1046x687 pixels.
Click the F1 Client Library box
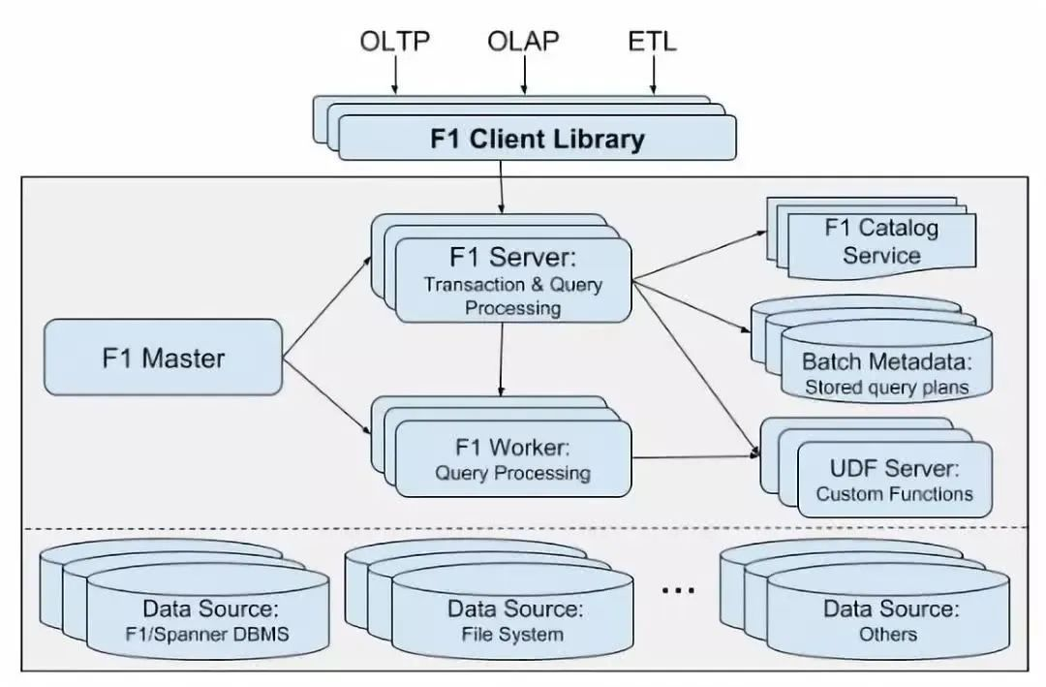tap(537, 139)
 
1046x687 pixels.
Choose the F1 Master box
tap(163, 359)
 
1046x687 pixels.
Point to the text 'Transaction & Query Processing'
tap(513, 297)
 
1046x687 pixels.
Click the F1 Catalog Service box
tap(881, 242)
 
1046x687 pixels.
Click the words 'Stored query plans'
tap(885, 388)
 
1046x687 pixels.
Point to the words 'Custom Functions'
tap(894, 494)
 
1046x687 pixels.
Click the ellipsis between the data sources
tap(678, 589)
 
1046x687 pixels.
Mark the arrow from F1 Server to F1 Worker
tap(500, 359)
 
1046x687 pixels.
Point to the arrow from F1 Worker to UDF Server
tap(693, 457)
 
